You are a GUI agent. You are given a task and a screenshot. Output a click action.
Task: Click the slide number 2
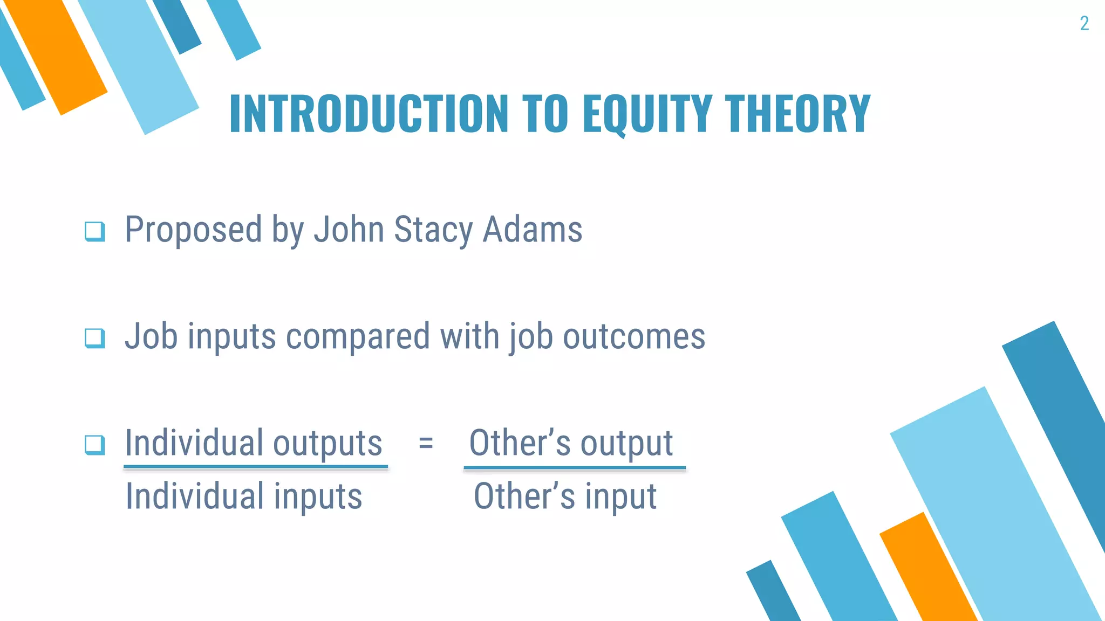pos(1084,23)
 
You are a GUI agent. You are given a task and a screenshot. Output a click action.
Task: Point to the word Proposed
pos(194,230)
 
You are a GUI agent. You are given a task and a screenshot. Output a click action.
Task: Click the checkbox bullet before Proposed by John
pos(95,231)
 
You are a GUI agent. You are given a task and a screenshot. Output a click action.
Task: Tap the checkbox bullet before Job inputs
pos(95,338)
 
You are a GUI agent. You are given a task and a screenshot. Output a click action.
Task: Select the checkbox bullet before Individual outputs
pos(95,445)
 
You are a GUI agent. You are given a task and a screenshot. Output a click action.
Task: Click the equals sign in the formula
pos(426,443)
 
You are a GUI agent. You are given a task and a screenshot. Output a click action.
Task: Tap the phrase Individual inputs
pos(244,496)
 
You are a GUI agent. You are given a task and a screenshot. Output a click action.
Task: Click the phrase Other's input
pos(565,496)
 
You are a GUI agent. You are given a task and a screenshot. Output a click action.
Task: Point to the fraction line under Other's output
pos(575,467)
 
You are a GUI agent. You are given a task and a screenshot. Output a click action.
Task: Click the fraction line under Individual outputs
pos(256,467)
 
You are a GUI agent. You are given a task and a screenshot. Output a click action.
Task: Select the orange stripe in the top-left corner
pos(57,57)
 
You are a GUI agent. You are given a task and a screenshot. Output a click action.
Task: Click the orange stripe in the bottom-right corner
pos(928,571)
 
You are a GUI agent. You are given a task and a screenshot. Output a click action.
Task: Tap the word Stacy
pos(433,230)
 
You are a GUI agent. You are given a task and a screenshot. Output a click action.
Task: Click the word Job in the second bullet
pos(151,336)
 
